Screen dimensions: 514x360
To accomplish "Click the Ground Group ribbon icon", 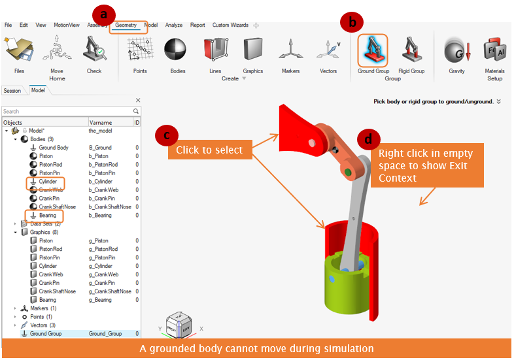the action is (x=373, y=51).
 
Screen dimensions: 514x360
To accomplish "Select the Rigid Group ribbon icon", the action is (x=411, y=50).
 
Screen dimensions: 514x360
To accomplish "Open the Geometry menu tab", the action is (x=126, y=25).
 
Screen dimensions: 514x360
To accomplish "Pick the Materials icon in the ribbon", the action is (x=495, y=50).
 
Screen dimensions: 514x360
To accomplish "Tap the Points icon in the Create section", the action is (x=141, y=49).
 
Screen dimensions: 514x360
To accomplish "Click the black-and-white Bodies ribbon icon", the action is (x=175, y=50).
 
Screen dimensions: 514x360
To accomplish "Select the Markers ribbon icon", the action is (x=290, y=50).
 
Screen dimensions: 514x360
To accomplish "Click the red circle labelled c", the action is (x=167, y=135).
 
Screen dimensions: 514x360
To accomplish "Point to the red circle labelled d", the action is (x=368, y=140).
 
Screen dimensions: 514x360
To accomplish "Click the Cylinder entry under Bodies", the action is (x=48, y=182).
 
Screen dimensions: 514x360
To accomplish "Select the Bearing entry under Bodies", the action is (x=48, y=216).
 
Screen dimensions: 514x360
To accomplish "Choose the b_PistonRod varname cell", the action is (x=103, y=165).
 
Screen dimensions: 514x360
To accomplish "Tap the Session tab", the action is (x=12, y=91).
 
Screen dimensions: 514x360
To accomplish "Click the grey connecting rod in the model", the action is (x=354, y=213).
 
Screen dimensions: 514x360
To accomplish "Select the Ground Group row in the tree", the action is (x=46, y=334).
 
